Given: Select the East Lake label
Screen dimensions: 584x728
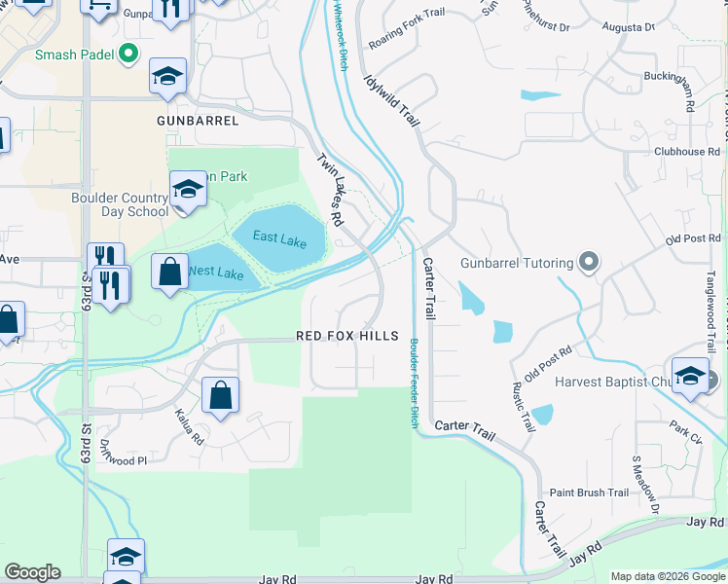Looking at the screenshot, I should click(x=279, y=237).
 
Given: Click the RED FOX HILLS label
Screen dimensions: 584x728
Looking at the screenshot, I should click(x=347, y=336).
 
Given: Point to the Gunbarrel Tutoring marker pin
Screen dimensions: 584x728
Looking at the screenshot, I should click(x=588, y=261).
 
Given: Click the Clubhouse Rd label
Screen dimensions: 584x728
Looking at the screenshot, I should click(x=686, y=152).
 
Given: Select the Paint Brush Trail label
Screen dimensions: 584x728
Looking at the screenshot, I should click(x=590, y=493).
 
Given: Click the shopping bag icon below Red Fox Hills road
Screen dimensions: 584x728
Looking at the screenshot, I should click(x=220, y=395).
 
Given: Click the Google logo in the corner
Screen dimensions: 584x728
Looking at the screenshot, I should click(x=33, y=572).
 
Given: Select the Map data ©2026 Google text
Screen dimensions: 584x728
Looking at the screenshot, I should click(x=668, y=576).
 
